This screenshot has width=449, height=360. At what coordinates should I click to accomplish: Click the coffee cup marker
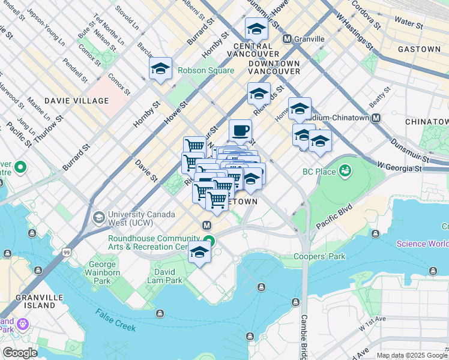point(240,130)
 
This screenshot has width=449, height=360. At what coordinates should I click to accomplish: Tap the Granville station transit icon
point(287,39)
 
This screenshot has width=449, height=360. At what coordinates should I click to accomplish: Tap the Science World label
point(423,244)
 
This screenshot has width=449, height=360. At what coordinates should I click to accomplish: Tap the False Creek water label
point(115,319)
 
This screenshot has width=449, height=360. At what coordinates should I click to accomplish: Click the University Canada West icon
point(98,217)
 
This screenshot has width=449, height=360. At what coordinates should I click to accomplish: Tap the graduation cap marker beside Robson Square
point(160,69)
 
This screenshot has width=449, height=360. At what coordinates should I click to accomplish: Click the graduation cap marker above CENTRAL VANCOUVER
point(256,29)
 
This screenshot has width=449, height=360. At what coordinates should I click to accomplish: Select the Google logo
point(20,353)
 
